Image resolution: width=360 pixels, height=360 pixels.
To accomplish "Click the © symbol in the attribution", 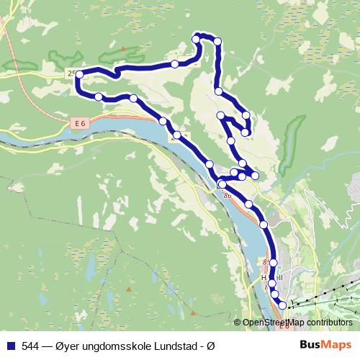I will pos(238,323).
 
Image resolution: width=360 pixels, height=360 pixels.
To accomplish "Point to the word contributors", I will pos(328,323).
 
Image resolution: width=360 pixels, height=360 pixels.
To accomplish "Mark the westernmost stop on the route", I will pos(79,74).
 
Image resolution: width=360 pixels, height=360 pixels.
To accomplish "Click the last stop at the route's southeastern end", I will pos(282,305).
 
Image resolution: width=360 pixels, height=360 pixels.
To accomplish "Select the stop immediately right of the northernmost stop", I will pos(217,42).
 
